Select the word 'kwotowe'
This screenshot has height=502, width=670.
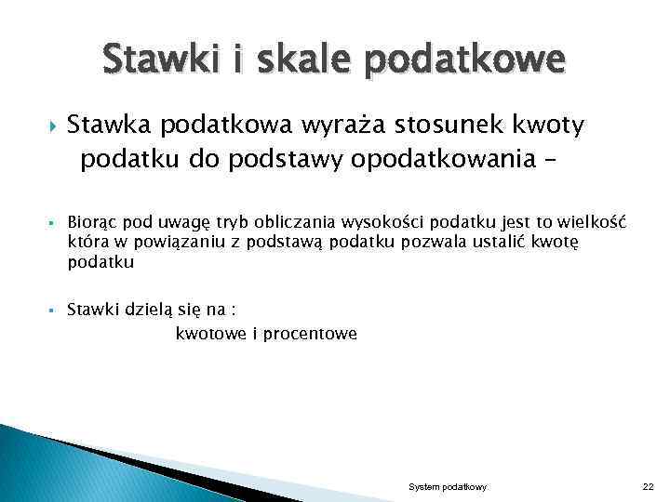click(x=210, y=334)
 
